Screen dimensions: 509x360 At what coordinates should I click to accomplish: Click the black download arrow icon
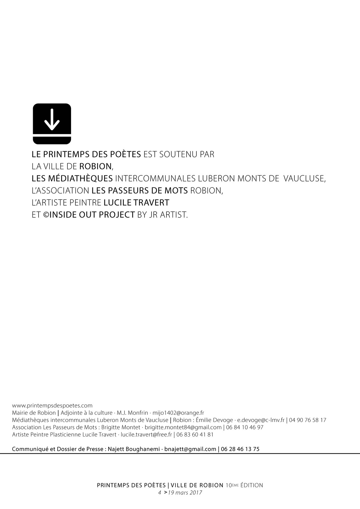coord(52,124)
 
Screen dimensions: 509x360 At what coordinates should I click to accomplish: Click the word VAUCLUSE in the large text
coord(304,178)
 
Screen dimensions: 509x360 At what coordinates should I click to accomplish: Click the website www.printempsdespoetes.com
coord(52,406)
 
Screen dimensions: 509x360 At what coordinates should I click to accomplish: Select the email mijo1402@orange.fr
coord(178,413)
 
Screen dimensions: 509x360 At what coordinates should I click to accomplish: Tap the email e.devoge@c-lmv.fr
coord(261,420)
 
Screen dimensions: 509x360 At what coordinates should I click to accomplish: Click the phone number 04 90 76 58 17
coord(307,420)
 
